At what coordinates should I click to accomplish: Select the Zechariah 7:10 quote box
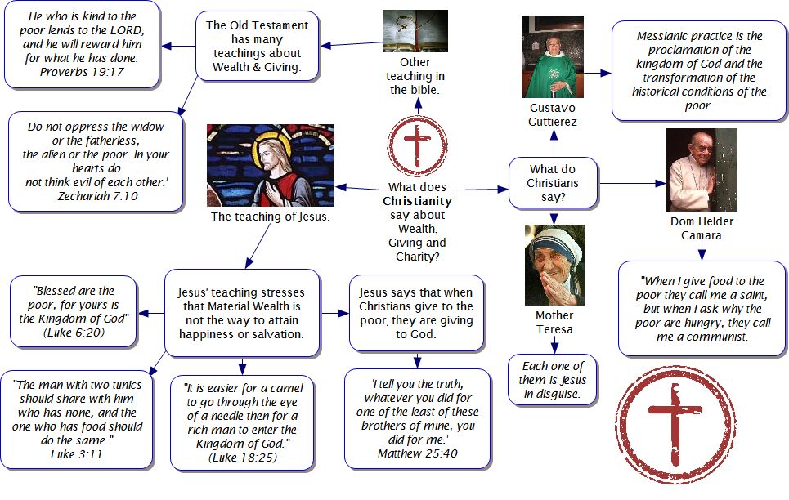click(x=95, y=161)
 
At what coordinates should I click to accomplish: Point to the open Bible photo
click(x=415, y=31)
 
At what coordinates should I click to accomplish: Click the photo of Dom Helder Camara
click(x=701, y=170)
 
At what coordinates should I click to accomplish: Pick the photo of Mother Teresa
click(x=554, y=265)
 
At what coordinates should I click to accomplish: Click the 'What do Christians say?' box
click(x=553, y=184)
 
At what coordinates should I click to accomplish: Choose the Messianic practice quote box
click(x=699, y=71)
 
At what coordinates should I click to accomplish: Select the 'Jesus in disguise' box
click(x=554, y=379)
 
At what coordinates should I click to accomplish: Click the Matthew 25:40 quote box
click(x=417, y=418)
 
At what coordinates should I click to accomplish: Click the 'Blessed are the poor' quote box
click(x=74, y=310)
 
